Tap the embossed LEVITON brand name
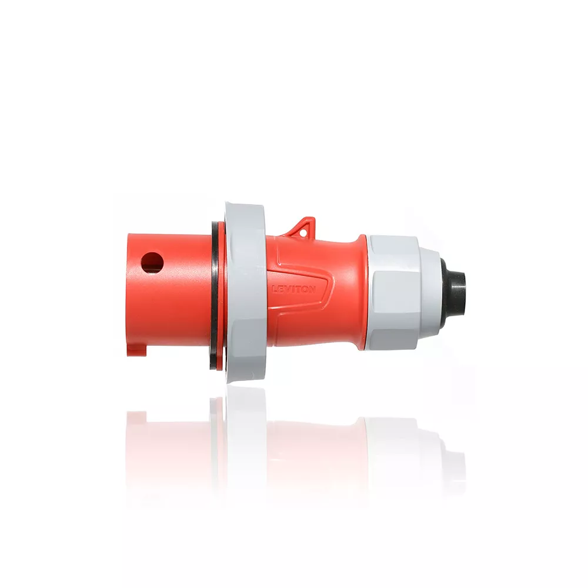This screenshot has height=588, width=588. click(294, 289)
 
